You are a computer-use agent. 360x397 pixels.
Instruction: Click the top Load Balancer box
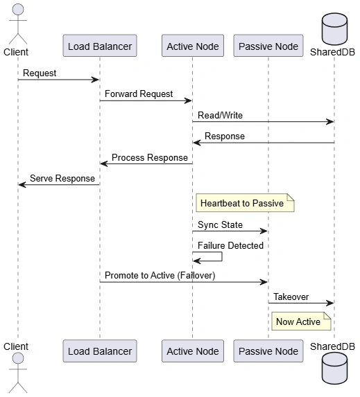(x=100, y=46)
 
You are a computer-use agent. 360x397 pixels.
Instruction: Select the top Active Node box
(x=193, y=46)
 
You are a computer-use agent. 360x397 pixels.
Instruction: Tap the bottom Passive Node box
(x=268, y=351)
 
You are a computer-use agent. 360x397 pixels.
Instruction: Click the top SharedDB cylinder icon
(x=334, y=29)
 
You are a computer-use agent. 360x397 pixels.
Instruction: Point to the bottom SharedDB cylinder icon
(x=334, y=369)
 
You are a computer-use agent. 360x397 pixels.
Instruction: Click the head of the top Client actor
(x=18, y=9)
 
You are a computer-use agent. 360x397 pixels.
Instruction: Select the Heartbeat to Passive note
(x=245, y=203)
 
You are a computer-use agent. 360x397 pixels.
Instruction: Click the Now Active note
(x=301, y=321)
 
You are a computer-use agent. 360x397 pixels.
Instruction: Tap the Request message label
(x=40, y=73)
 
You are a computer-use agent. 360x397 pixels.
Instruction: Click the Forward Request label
(x=139, y=94)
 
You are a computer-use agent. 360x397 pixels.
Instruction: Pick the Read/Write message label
(x=220, y=115)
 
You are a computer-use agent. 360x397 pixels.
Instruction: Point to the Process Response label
(x=150, y=157)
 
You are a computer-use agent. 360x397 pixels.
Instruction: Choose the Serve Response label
(x=62, y=178)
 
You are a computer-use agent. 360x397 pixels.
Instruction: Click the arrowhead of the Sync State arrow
(x=264, y=231)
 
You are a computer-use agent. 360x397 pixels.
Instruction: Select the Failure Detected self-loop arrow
(x=222, y=256)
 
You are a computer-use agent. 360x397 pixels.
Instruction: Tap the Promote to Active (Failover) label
(x=160, y=275)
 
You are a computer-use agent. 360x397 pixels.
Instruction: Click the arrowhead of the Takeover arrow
(x=330, y=303)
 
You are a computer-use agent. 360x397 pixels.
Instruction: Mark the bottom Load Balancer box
(x=100, y=351)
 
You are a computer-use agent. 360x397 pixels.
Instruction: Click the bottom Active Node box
(x=193, y=351)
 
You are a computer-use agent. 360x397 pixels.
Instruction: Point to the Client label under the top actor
(x=16, y=52)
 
